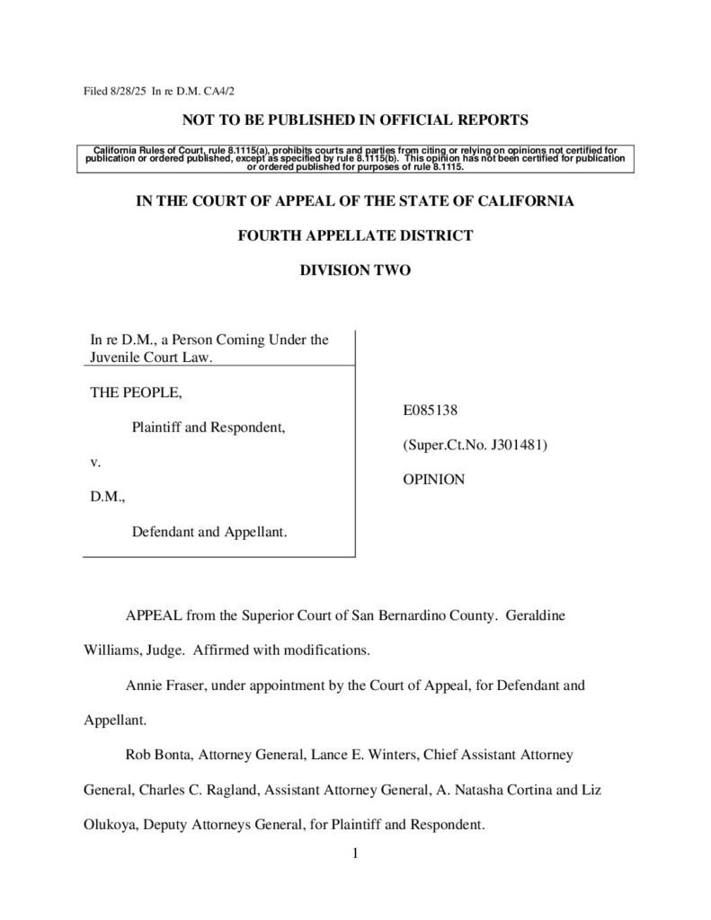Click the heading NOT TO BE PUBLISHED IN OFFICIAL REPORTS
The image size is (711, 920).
(x=355, y=119)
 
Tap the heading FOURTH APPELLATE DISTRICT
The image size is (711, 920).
(x=355, y=235)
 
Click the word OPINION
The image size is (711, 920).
(x=433, y=480)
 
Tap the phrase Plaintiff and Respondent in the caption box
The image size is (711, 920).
(x=209, y=428)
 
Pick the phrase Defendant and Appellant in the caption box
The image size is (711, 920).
(x=209, y=532)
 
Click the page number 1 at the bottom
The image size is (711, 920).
(x=356, y=854)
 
